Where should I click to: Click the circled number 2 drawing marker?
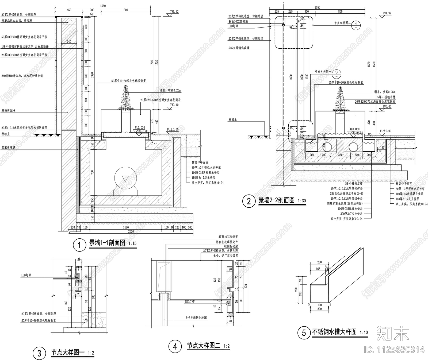tap(249, 201)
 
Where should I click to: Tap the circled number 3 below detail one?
tap(39, 354)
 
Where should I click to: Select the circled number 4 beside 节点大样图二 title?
tap(175, 347)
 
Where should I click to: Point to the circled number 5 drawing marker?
tap(304, 333)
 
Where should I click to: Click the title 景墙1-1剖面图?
tap(107, 243)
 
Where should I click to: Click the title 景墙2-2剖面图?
tap(276, 200)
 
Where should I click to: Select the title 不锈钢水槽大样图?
tap(334, 332)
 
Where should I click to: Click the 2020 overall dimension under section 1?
tap(131, 231)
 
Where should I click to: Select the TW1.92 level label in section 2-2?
tap(387, 13)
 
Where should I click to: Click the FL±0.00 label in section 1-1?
tap(173, 129)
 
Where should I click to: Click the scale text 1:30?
tap(301, 201)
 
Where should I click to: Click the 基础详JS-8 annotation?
tap(9, 110)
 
